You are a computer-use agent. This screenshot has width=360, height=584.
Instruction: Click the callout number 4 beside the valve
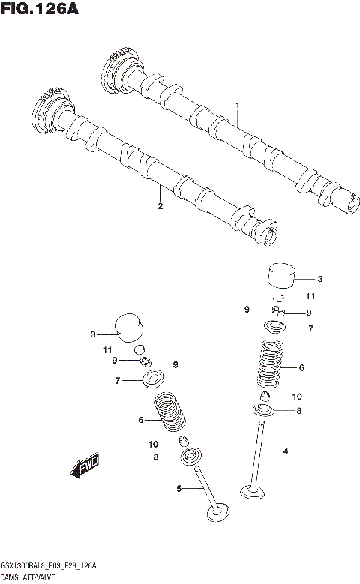click(x=285, y=451)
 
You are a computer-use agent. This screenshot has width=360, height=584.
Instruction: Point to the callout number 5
click(x=179, y=489)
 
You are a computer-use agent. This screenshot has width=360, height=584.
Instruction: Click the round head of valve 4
click(x=255, y=492)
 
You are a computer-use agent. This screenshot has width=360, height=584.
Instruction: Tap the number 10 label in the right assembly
click(x=296, y=396)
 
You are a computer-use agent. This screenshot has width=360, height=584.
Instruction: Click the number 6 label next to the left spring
click(x=140, y=420)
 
